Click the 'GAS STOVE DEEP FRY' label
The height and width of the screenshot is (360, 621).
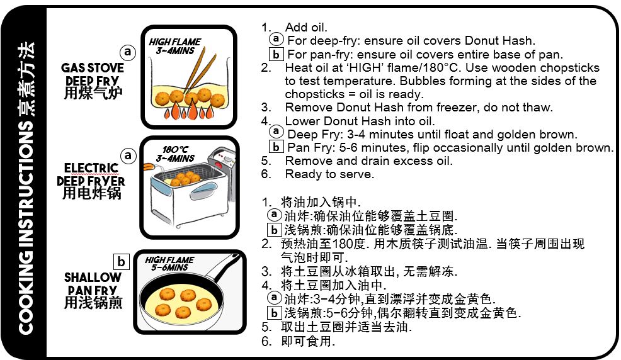pos(93,74)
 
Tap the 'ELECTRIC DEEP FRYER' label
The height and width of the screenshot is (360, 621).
pos(91,175)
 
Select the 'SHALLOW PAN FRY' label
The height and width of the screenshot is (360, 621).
pos(93,284)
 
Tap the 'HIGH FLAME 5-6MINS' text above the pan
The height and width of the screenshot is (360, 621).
pos(169,264)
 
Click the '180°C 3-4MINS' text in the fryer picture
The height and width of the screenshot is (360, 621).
pos(175,154)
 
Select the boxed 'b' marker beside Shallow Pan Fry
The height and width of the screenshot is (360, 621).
pos(121,261)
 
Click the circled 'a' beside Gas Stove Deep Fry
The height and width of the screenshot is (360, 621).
pos(127,52)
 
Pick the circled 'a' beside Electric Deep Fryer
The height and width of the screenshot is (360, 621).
pos(128,155)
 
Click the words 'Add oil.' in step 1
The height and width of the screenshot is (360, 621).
pos(306,27)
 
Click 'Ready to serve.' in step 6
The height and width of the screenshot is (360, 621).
pos(329,174)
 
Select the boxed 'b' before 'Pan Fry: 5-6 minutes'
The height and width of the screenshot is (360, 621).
pos(276,147)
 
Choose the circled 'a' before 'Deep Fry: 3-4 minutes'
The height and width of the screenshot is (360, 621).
pos(276,132)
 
